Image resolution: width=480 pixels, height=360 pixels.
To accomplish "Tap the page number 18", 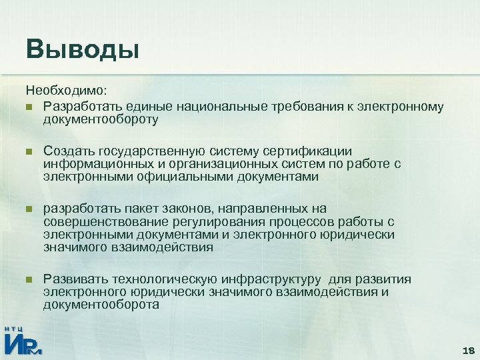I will (x=467, y=351).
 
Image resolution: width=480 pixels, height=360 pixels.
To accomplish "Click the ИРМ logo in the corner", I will (x=23, y=341).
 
